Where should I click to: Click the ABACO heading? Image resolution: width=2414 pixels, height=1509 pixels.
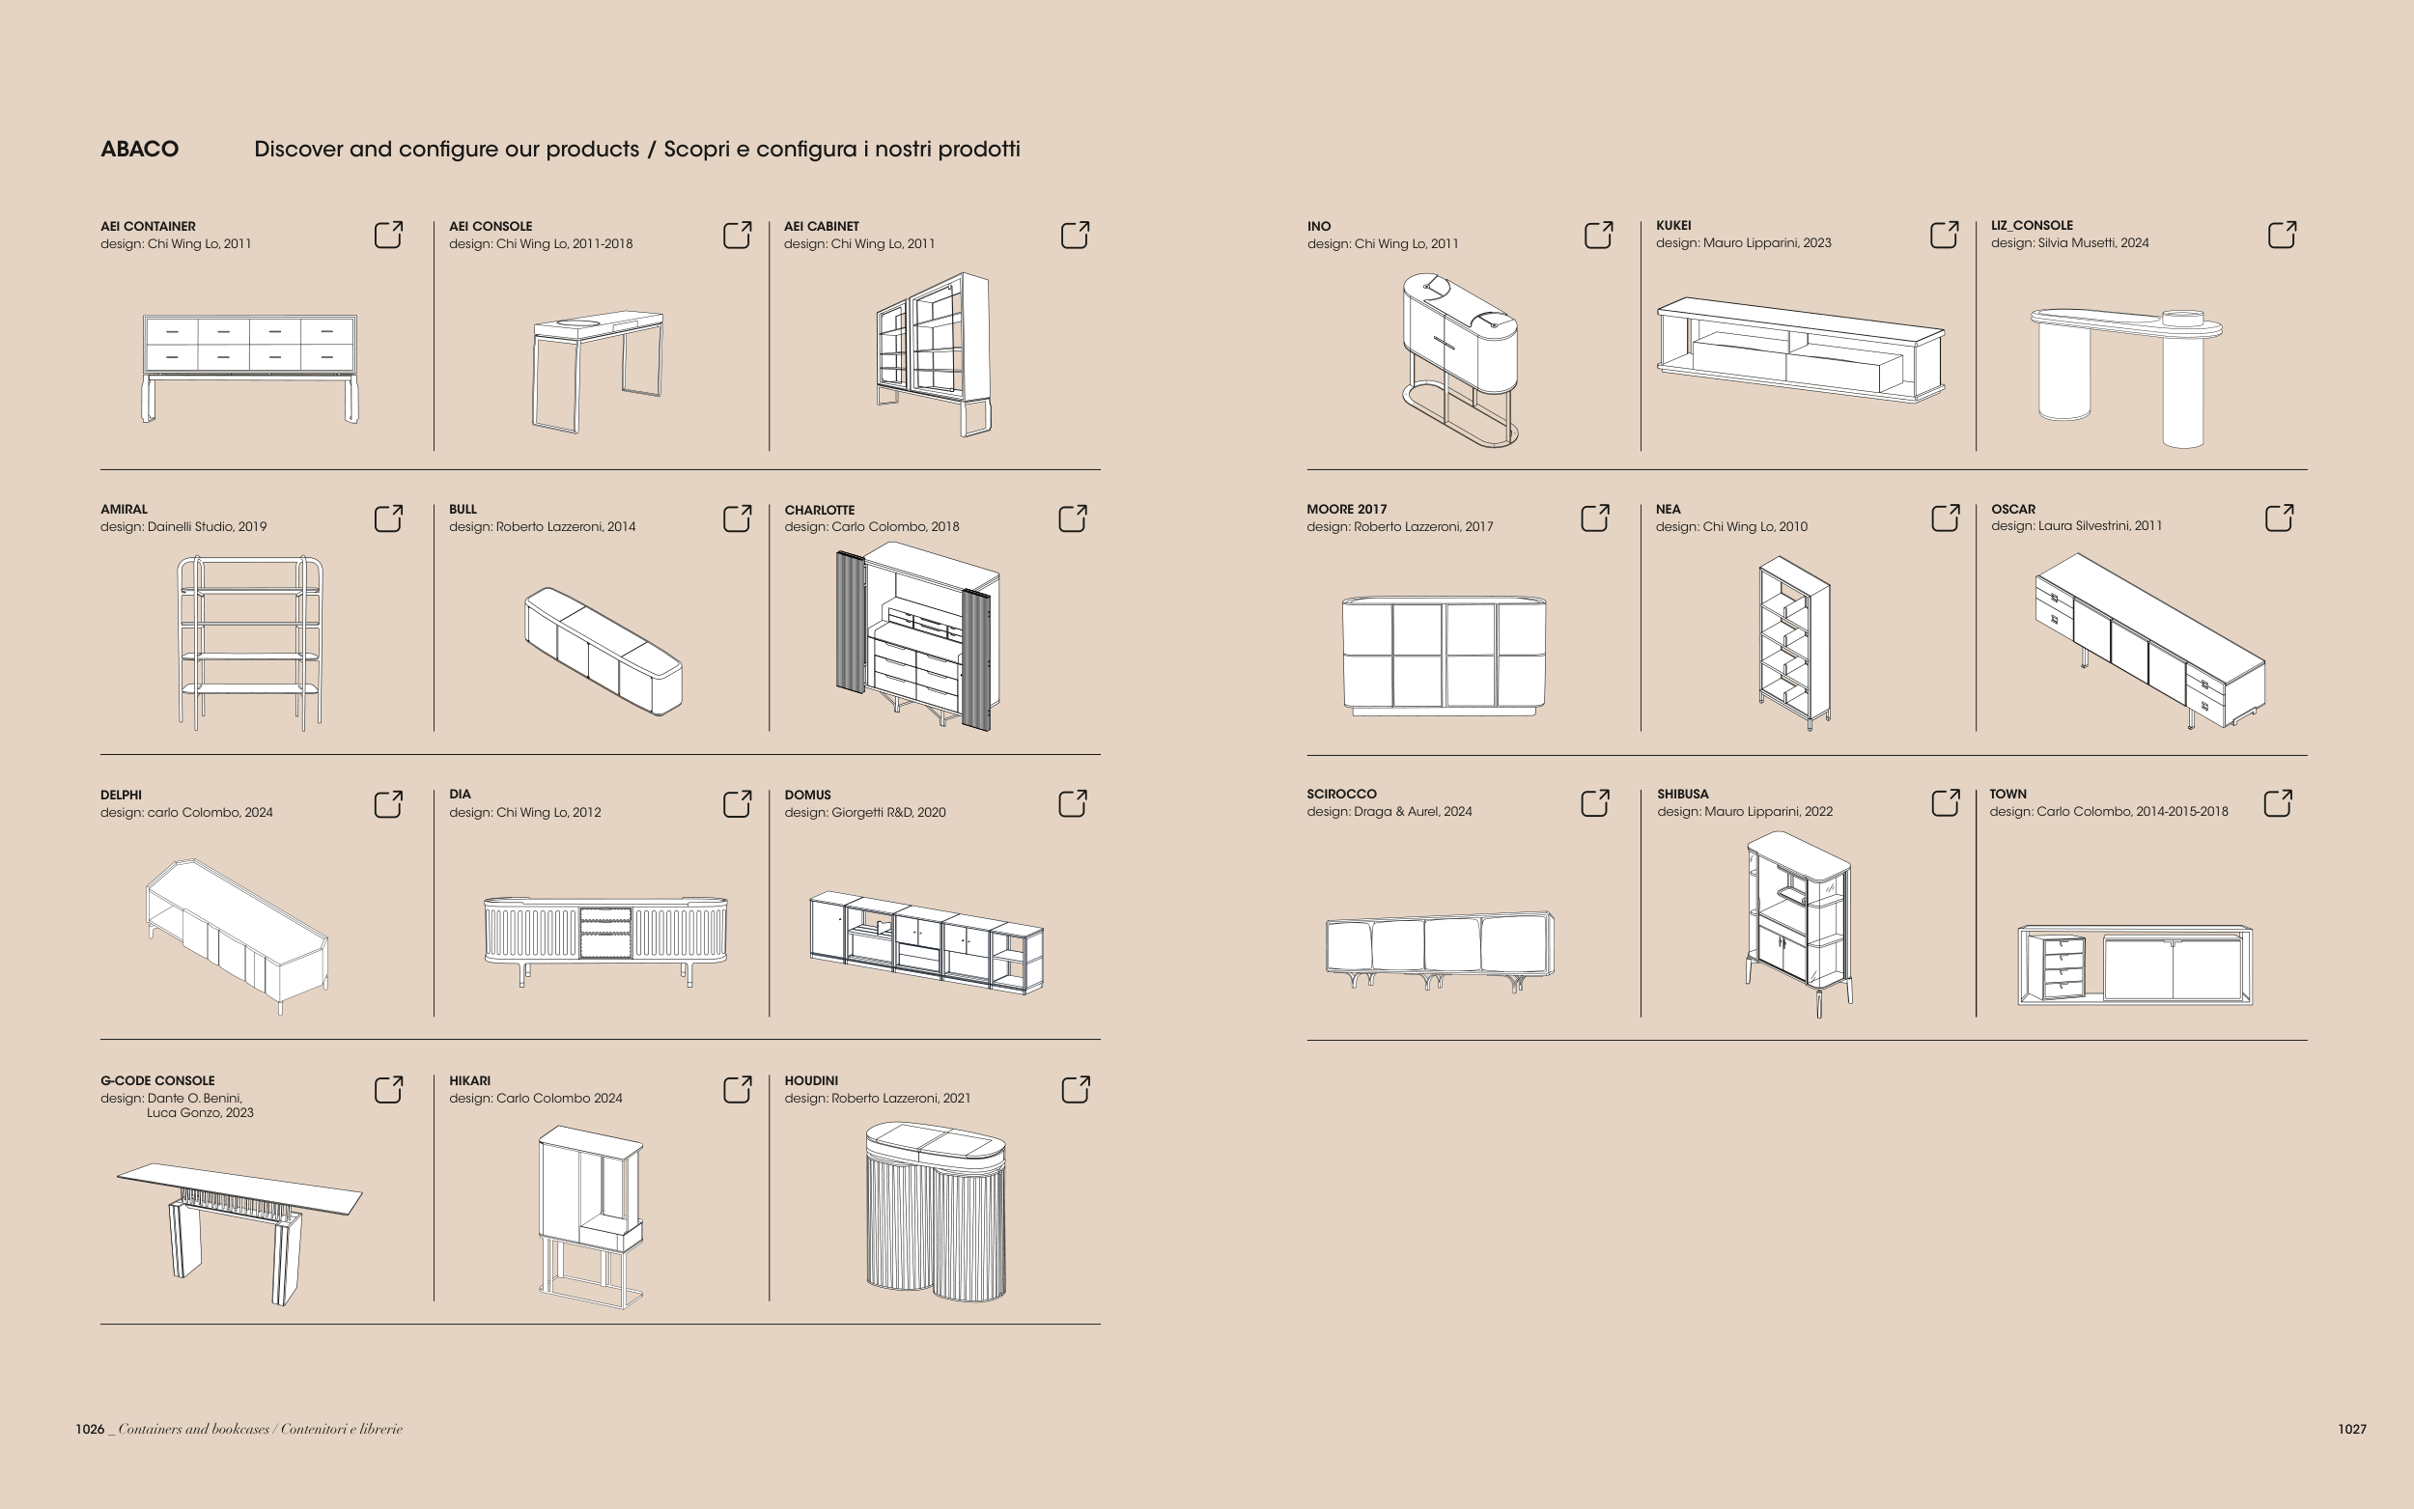click(140, 150)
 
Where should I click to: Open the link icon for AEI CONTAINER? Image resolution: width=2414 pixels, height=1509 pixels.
click(388, 236)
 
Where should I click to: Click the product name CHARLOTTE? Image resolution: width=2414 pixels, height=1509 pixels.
click(819, 510)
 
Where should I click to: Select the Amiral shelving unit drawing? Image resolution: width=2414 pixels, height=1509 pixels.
click(250, 643)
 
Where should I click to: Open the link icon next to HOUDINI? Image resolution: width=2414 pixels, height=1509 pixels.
click(1075, 1090)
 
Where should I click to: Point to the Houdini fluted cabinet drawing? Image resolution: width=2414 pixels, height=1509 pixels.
click(935, 1213)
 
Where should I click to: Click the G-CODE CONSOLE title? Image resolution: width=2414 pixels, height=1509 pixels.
click(157, 1081)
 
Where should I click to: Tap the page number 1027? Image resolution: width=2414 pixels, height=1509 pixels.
click(2351, 1429)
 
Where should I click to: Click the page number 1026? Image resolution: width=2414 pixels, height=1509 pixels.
click(90, 1429)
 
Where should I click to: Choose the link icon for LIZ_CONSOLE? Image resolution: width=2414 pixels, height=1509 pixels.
click(2282, 236)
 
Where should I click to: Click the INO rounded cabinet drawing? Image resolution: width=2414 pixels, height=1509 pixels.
click(1460, 359)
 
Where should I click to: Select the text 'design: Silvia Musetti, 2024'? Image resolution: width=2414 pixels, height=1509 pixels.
click(2069, 243)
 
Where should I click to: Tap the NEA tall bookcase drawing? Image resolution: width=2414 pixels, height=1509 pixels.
click(1794, 643)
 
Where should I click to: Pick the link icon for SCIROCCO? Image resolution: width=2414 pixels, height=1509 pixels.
click(1595, 803)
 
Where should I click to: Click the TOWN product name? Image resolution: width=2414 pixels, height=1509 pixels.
click(2007, 795)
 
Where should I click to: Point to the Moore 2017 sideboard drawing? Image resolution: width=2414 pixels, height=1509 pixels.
click(1444, 656)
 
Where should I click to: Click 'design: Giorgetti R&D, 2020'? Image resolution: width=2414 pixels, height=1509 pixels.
click(864, 812)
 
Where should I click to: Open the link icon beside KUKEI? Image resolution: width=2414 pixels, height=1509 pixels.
click(1944, 236)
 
